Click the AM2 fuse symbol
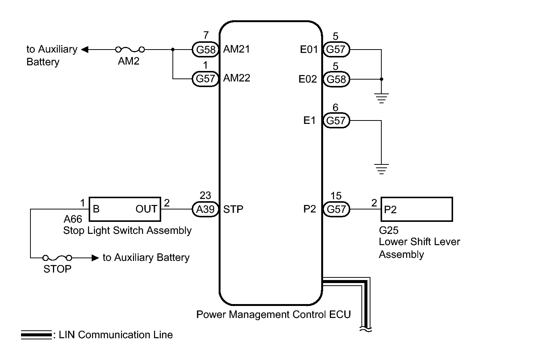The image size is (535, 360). point(130,49)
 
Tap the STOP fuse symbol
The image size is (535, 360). point(57,258)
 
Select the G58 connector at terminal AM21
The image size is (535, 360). point(206,49)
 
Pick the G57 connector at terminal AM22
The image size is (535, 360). point(206,78)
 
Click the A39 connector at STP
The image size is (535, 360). point(206,209)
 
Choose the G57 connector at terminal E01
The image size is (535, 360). point(336,49)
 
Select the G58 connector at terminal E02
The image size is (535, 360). point(336,79)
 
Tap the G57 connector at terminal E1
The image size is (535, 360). point(336,121)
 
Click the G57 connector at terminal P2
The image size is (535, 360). point(336,209)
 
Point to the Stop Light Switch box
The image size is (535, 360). point(125,209)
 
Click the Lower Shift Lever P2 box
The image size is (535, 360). point(416,209)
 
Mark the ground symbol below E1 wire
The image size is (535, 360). point(381,169)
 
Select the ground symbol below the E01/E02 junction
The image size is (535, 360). point(381,98)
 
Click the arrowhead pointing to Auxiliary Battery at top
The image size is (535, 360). point(85,49)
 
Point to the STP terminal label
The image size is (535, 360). point(233,209)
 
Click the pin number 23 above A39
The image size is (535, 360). point(205,196)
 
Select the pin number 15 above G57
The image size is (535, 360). point(336,196)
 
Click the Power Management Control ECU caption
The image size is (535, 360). point(274,314)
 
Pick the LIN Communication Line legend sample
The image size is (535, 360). point(36,335)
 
